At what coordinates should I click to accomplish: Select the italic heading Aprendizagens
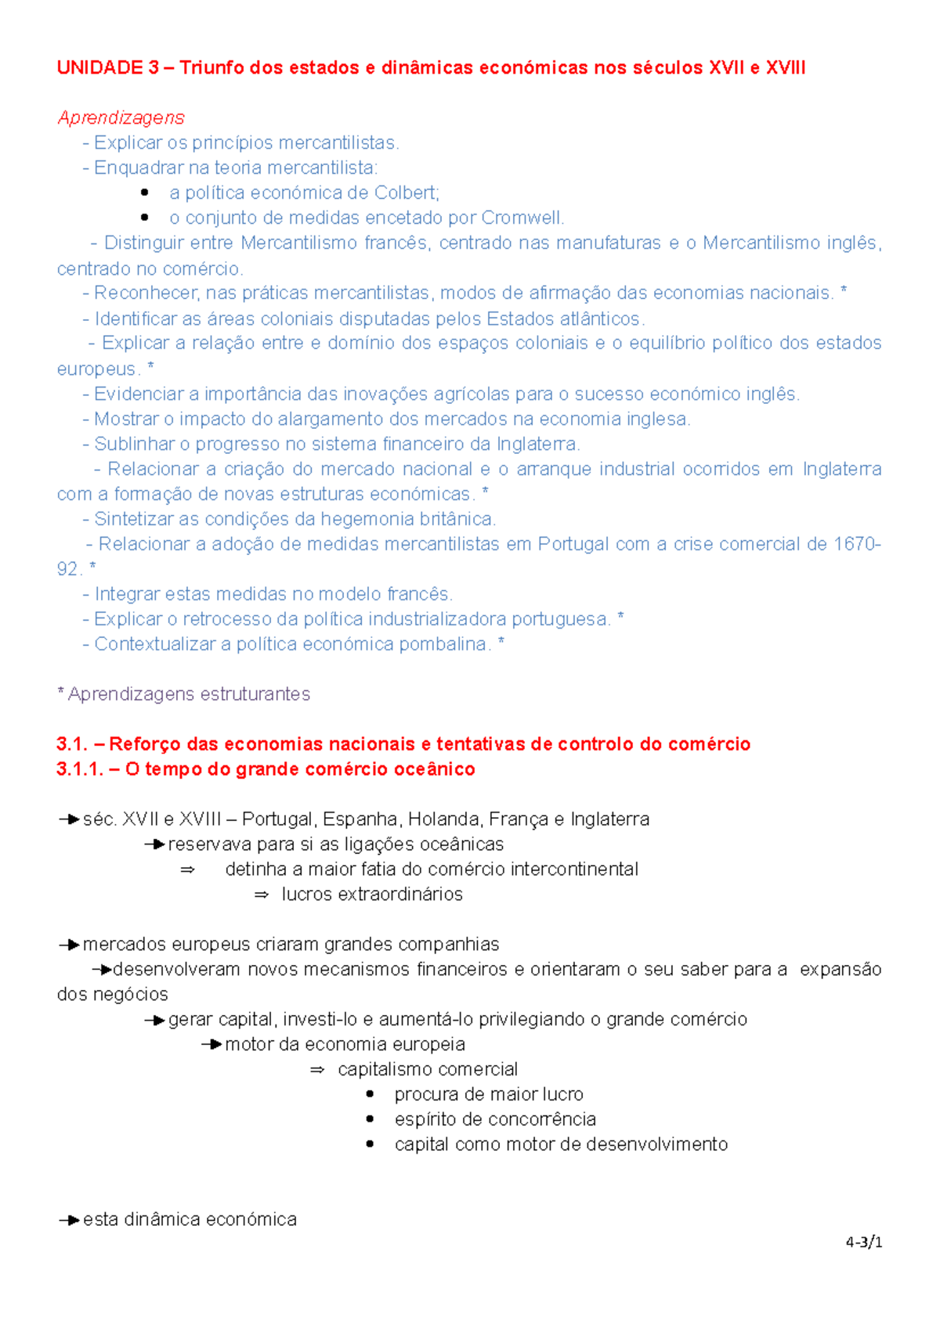121,117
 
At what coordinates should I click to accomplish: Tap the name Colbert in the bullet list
406,193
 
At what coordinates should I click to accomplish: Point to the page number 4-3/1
864,1242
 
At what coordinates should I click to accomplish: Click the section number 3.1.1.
79,769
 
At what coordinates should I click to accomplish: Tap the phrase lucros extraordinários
372,895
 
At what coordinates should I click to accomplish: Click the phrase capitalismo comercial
428,1070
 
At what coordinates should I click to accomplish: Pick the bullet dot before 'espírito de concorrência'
370,1119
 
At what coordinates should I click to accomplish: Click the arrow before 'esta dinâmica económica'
69,1220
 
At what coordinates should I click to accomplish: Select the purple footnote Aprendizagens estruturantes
189,694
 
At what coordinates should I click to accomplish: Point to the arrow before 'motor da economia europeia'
211,1045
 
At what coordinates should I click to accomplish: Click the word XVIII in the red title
785,68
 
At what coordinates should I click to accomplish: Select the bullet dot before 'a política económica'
144,193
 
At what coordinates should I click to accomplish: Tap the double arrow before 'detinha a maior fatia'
187,870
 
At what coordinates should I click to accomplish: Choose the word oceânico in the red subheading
434,769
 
